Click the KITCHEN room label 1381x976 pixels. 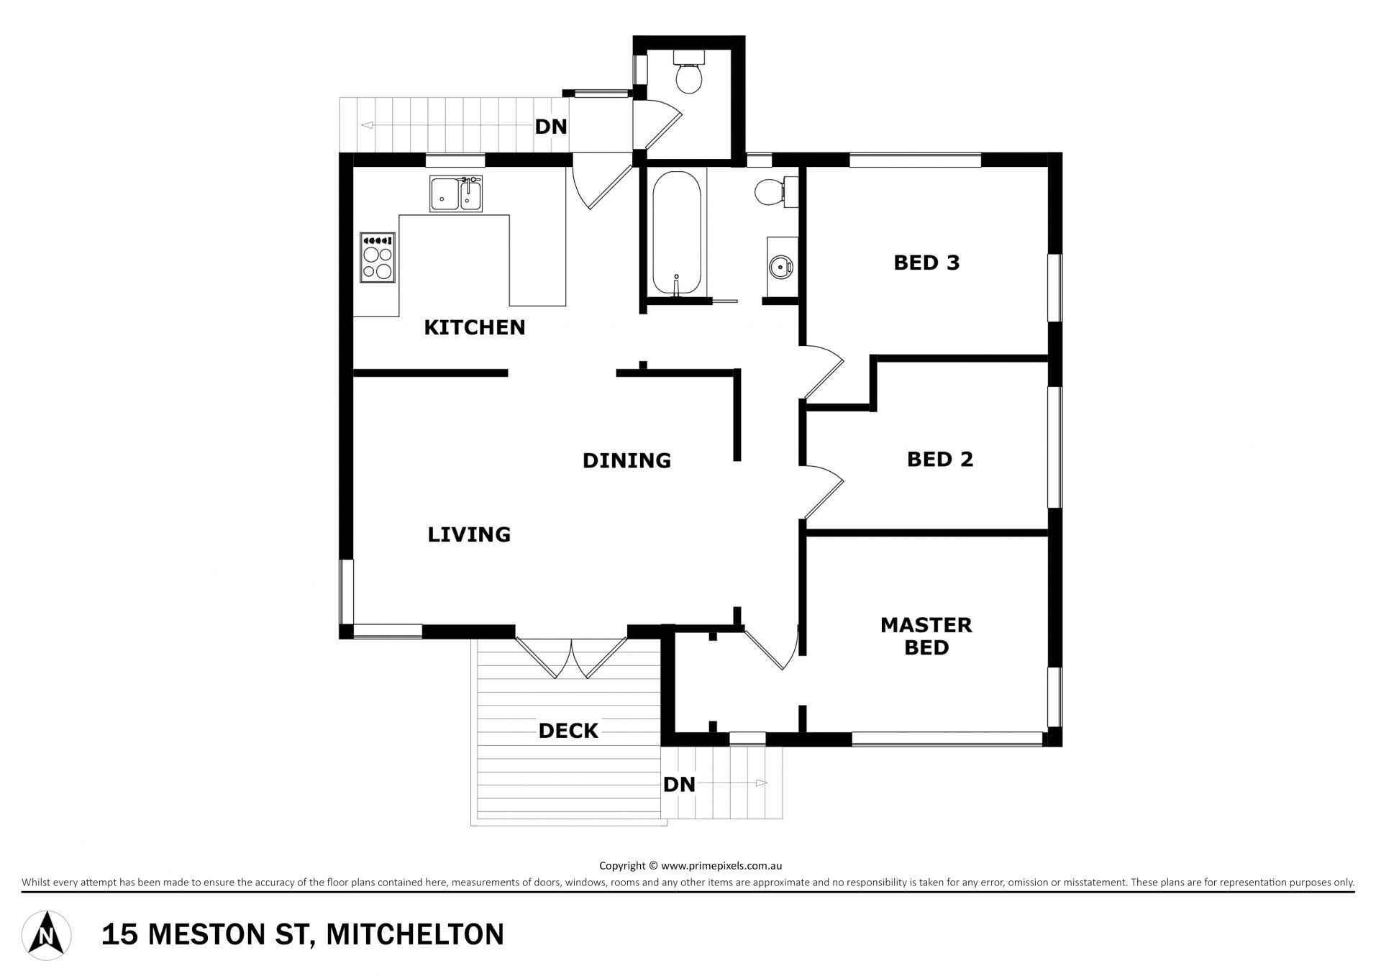[x=475, y=328]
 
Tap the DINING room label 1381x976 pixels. [x=626, y=460]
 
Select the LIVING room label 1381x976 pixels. [x=469, y=534]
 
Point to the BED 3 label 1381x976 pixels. [x=926, y=263]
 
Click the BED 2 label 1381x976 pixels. [x=940, y=459]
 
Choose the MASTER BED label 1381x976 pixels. [x=926, y=636]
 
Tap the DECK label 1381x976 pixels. [x=568, y=731]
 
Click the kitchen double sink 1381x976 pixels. [x=456, y=193]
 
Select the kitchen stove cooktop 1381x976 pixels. [x=378, y=257]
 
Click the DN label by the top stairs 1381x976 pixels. [x=551, y=127]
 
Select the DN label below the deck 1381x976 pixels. [x=679, y=784]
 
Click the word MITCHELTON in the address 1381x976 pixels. [x=415, y=935]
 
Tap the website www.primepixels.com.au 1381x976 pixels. [x=721, y=866]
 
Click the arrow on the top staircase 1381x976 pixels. [x=447, y=125]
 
